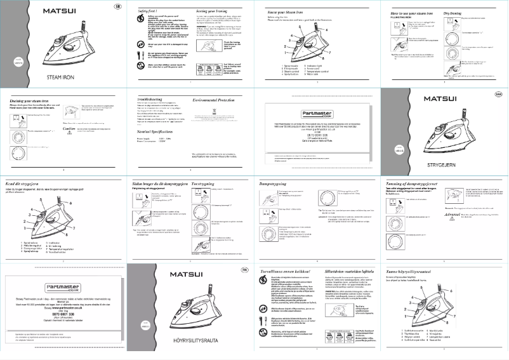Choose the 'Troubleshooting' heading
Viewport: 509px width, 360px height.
click(155, 100)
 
